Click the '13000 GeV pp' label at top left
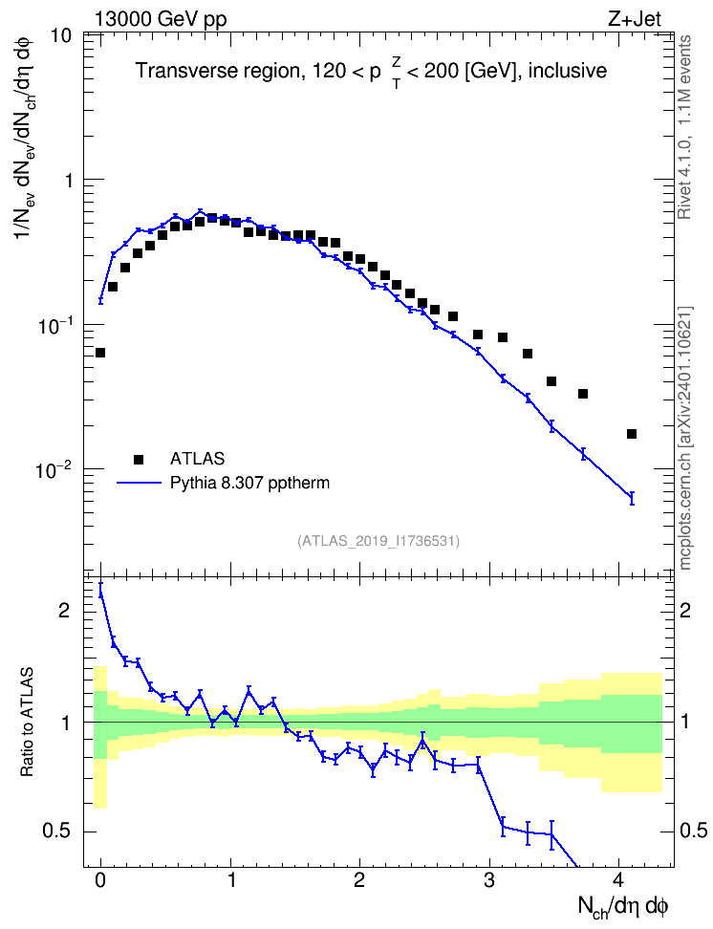coord(161,19)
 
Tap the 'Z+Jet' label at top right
coord(635,19)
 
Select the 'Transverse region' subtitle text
coord(218,71)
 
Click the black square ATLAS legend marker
coord(139,459)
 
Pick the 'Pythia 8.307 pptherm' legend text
coord(249,483)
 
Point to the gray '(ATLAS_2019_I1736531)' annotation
coord(378,541)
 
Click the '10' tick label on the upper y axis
coord(60,35)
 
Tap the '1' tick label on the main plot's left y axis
coord(68,180)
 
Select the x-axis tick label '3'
coord(489,880)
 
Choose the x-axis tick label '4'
coord(618,880)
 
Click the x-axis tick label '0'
coord(100,880)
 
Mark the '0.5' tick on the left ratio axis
coord(57,832)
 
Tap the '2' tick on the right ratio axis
coord(685,610)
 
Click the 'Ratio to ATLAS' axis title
coord(27,723)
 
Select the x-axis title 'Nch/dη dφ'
coord(622,906)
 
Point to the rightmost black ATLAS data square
coord(632,434)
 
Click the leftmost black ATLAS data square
coord(100,353)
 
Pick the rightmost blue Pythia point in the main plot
coord(632,498)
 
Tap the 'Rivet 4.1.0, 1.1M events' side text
coord(684,127)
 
